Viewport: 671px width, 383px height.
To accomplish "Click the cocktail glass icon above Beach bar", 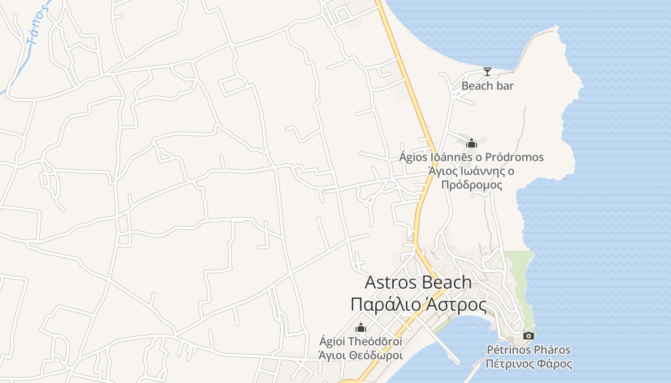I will (487, 72).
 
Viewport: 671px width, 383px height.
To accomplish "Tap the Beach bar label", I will (487, 86).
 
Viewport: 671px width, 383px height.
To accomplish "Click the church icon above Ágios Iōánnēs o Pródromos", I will (472, 143).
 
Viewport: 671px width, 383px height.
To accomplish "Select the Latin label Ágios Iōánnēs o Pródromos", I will (472, 157).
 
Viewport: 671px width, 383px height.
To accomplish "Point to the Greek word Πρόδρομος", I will (472, 185).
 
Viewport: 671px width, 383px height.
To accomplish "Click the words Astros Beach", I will (418, 282).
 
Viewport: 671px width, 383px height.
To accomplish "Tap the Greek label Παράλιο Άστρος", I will (418, 304).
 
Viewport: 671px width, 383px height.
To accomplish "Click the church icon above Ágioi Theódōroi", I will (360, 328).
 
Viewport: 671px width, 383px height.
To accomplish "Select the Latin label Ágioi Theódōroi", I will (360, 342).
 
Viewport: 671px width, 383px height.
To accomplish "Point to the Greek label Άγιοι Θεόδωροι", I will (360, 355).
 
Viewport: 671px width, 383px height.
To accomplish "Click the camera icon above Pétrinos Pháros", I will (529, 336).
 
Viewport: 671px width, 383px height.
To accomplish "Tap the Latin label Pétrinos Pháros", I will (529, 349).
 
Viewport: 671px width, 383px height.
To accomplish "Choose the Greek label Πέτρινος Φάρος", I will (529, 363).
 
